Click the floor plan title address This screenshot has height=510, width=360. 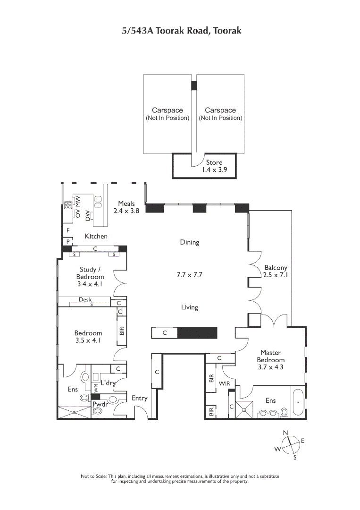(182, 31)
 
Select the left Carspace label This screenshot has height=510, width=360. (167, 114)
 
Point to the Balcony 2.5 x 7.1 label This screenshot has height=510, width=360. (276, 271)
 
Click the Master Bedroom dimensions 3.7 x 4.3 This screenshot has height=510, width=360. (271, 367)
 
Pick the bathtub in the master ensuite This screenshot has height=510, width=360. (297, 402)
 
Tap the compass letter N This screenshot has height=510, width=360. (285, 433)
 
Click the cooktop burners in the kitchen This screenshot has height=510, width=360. (68, 205)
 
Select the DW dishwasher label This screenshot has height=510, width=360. (88, 216)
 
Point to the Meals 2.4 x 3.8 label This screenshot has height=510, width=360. (126, 207)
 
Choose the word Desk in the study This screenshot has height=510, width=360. (85, 299)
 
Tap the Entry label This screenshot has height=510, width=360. (139, 398)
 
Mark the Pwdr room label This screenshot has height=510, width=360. (100, 404)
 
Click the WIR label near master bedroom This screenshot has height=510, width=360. (225, 383)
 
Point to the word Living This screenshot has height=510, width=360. (189, 307)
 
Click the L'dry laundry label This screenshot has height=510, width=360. (108, 383)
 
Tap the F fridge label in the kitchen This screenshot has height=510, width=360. (68, 230)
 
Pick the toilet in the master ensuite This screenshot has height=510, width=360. (284, 412)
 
